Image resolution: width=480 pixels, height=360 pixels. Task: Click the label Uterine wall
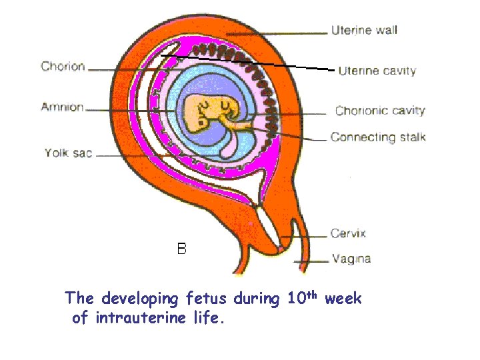[x=364, y=30]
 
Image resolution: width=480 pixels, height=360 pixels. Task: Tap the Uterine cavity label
[x=377, y=71]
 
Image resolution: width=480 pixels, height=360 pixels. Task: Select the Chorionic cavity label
[x=380, y=111]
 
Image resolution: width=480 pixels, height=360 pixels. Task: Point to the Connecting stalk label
[x=378, y=137]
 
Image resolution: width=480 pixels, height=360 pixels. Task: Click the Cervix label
[x=348, y=233]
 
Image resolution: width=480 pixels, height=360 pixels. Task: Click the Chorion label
[x=63, y=66]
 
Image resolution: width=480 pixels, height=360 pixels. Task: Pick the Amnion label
[x=62, y=107]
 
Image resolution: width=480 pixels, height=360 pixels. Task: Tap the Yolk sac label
[x=68, y=153]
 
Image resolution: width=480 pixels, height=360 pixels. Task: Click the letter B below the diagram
[x=181, y=249]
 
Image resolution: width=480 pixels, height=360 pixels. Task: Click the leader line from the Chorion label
[x=127, y=68]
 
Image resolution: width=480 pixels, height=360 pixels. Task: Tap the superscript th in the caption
[x=313, y=294]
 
